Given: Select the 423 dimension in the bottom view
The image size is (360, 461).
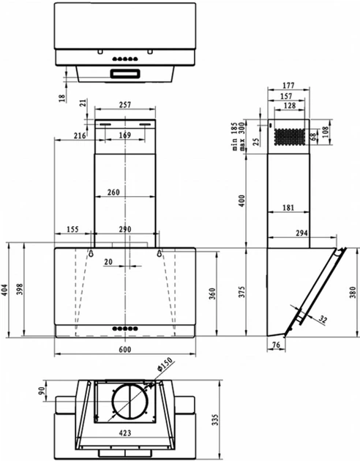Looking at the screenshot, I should pos(125,432).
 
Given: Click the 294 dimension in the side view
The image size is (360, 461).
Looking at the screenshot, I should pos(301,233).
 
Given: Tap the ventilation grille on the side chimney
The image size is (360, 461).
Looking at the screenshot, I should pos(288,136).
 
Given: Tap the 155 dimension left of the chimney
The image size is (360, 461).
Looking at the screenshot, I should pos(72,230).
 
